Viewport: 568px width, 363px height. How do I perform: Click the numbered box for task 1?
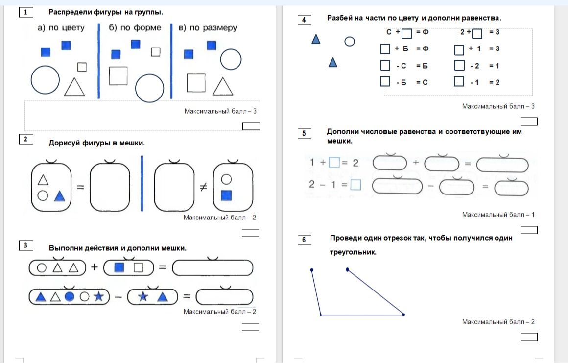[x=26, y=12]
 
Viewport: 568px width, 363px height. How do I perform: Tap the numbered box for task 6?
[x=304, y=240]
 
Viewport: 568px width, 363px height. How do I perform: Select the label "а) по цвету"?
[x=61, y=28]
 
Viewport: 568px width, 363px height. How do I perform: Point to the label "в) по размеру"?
[x=208, y=28]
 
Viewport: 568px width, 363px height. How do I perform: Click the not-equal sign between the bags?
[x=204, y=187]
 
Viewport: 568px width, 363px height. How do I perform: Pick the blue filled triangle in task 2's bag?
[x=59, y=196]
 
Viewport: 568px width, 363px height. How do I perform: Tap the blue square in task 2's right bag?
[x=226, y=195]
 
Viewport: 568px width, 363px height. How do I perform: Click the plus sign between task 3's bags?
[x=95, y=267]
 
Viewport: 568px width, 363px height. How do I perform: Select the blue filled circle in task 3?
[x=70, y=297]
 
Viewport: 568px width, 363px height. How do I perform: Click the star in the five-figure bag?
[x=98, y=297]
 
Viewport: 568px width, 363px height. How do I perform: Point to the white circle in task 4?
[x=350, y=41]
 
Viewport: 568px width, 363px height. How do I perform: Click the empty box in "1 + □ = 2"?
[x=334, y=162]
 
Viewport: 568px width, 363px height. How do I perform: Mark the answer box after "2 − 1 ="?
[x=355, y=185]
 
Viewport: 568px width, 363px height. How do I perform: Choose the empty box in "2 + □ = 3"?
[x=477, y=33]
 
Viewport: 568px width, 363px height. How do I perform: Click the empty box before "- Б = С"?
[x=385, y=81]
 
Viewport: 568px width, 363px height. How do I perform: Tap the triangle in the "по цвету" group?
[x=74, y=87]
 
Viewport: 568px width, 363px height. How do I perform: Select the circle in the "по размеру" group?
[x=231, y=59]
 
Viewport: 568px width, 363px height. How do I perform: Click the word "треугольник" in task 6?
[x=353, y=252]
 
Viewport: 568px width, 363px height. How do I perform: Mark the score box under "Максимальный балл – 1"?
[x=529, y=230]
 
